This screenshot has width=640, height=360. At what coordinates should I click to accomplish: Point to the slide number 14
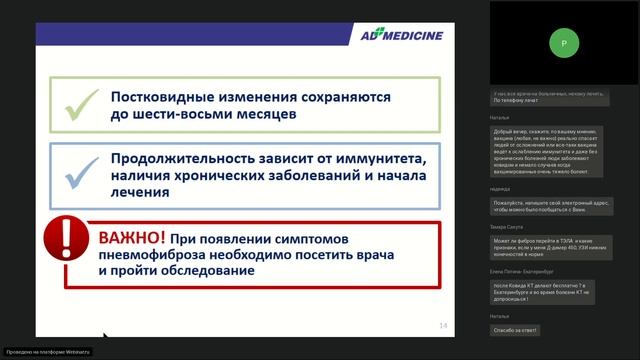coord(444,326)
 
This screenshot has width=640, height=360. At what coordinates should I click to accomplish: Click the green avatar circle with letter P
coord(564,44)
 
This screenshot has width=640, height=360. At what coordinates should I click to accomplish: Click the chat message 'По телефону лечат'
coord(517,100)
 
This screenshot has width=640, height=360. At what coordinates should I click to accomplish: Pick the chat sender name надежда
coord(500,188)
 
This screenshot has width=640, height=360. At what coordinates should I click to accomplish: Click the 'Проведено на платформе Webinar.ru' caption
coord(47,352)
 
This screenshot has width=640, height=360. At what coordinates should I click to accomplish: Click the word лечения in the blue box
coord(140,196)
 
